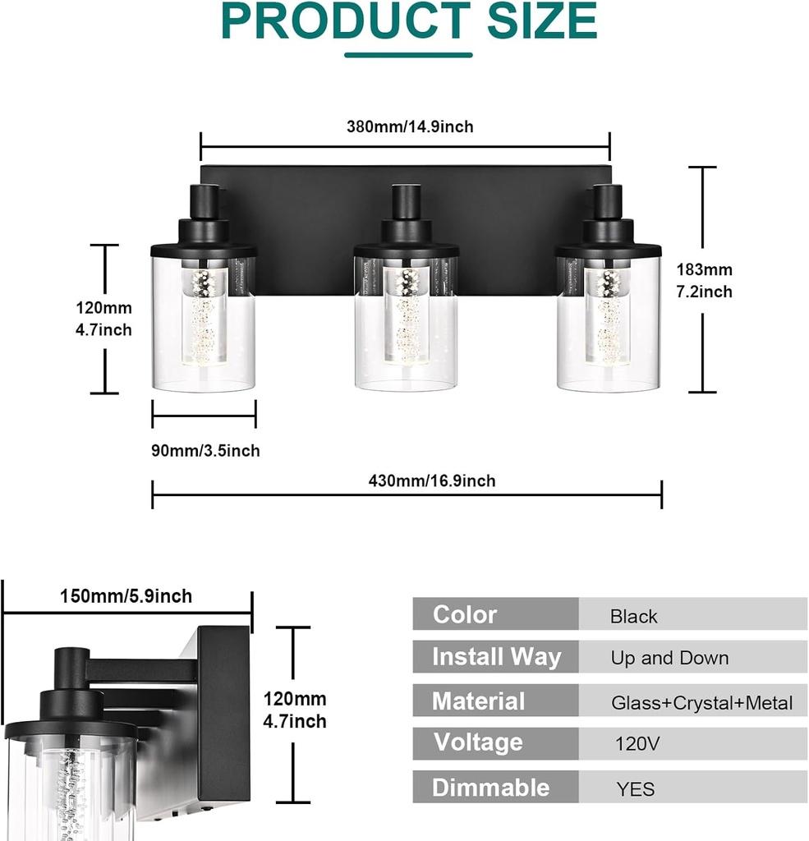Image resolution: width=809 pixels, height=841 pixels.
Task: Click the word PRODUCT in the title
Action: pyautogui.click(x=345, y=21)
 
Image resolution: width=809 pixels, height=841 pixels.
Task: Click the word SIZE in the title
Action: pyautogui.click(x=541, y=21)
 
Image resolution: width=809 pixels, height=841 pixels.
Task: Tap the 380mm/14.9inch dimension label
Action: pyautogui.click(x=410, y=126)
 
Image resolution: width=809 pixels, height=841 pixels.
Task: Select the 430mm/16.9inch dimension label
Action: pyautogui.click(x=432, y=480)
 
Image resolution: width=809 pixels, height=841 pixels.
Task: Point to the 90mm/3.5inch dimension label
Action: pyautogui.click(x=205, y=450)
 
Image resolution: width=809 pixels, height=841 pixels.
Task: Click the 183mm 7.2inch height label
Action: pyautogui.click(x=704, y=280)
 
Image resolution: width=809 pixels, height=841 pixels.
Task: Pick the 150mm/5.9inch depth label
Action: pyautogui.click(x=126, y=595)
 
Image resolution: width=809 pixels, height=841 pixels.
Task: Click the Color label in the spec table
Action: pyautogui.click(x=465, y=614)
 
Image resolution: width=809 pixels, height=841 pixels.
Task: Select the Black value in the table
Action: pyautogui.click(x=633, y=616)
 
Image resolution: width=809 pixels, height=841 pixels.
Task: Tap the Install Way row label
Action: pyautogui.click(x=496, y=657)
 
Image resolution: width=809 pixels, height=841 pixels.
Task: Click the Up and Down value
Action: pyautogui.click(x=669, y=658)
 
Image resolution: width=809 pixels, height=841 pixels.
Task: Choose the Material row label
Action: pyautogui.click(x=478, y=701)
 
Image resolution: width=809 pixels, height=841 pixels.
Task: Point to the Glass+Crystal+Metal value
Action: pyautogui.click(x=701, y=702)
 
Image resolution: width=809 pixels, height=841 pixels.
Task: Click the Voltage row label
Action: pyautogui.click(x=478, y=742)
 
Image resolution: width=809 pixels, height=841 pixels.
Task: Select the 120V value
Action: pyautogui.click(x=637, y=744)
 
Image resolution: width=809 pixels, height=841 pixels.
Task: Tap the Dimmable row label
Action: pyautogui.click(x=490, y=788)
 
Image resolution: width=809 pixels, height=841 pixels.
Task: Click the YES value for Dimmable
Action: pyautogui.click(x=636, y=789)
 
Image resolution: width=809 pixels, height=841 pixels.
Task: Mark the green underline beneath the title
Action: pyautogui.click(x=408, y=55)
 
